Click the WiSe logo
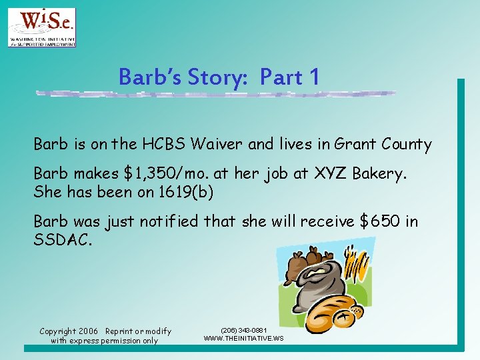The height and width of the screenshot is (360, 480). click(x=41, y=27)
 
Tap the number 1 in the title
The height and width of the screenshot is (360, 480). click(x=314, y=77)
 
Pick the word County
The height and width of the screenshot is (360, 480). click(x=406, y=144)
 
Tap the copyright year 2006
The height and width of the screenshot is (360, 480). click(x=87, y=331)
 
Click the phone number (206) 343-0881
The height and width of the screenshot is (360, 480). click(x=243, y=330)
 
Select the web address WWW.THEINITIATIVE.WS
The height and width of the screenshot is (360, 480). click(x=243, y=339)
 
